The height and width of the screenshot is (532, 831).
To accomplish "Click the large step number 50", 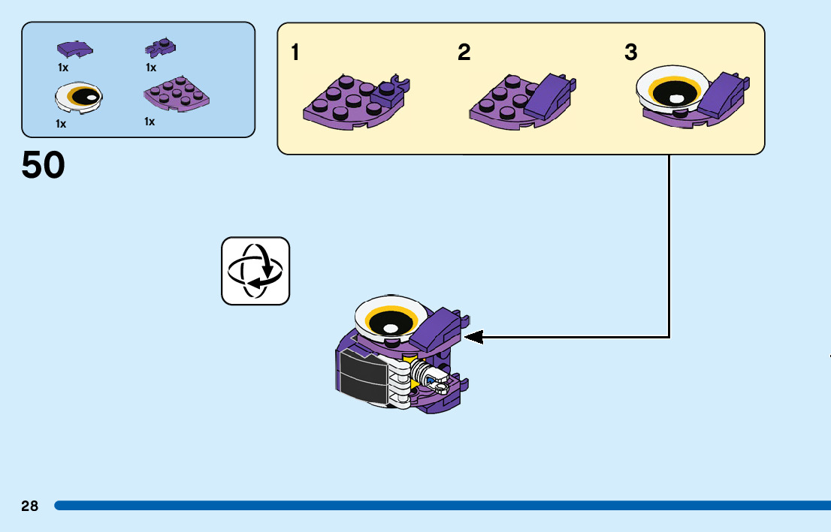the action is coord(44,166).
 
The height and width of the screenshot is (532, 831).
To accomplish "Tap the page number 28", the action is coord(29,506).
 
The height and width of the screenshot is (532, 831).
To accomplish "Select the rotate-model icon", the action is coord(255,271).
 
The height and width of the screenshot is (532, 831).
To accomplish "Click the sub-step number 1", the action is coord(296,53).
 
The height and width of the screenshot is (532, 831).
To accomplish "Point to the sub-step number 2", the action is coord(464,53).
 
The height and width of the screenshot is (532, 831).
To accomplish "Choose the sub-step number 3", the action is coord(631,53).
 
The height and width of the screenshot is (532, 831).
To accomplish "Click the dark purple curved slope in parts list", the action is coord(74,50).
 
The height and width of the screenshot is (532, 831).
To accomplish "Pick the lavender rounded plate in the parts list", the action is coord(176,94).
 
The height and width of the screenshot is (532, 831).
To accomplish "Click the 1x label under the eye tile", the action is coord(61,124).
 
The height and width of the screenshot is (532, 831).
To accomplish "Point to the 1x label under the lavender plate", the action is coord(150,122).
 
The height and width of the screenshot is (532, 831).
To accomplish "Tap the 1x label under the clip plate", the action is coord(151,68).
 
